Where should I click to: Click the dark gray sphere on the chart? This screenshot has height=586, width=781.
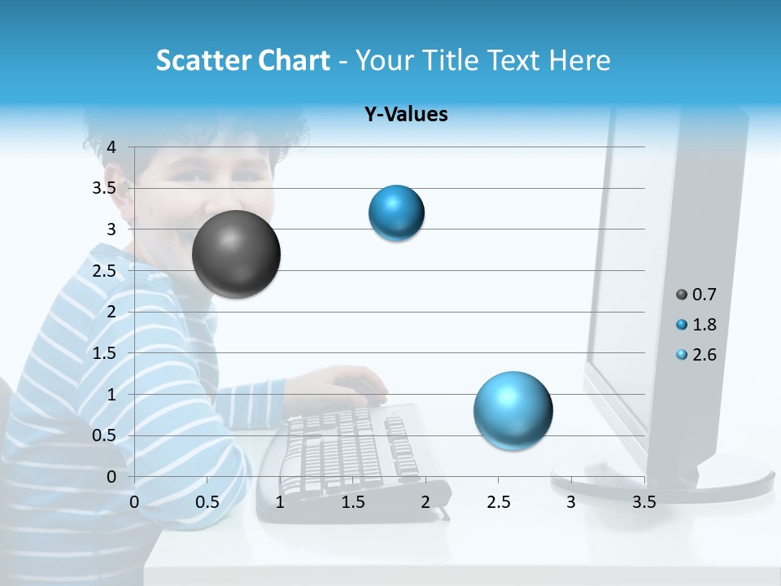click(236, 254)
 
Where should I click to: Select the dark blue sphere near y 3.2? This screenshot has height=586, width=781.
click(396, 213)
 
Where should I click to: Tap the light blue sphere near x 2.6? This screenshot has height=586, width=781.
click(513, 410)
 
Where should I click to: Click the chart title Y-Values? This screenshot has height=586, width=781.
click(406, 115)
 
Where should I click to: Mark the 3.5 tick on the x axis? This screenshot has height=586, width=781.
click(644, 502)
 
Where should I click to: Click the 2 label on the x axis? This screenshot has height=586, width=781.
click(425, 502)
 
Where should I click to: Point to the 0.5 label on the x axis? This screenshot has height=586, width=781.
click(207, 502)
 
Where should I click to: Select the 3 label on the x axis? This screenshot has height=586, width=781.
click(571, 502)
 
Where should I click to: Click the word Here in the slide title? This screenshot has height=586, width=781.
click(578, 60)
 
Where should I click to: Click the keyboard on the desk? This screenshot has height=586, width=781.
click(350, 452)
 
